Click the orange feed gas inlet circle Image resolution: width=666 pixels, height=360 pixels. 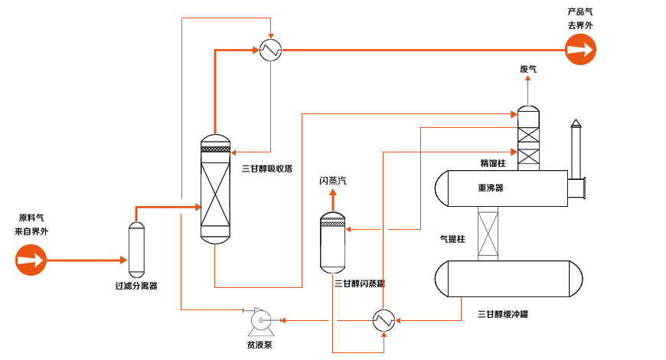31,260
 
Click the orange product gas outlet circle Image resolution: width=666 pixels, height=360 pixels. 580,50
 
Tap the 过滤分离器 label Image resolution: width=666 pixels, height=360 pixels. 136,286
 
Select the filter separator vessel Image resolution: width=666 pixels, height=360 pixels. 136,250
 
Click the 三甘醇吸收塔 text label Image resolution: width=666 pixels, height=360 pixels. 267,169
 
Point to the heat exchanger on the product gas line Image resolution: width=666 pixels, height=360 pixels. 270,50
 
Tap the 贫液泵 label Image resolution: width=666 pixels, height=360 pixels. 260,345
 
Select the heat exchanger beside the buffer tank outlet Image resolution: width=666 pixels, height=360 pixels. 384,320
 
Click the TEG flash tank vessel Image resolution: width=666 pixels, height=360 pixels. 332,243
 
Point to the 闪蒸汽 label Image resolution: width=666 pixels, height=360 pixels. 333,181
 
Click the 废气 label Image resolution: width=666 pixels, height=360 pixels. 528,69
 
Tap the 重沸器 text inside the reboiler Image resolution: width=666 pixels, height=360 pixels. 491,188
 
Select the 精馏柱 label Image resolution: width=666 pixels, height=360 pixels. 493,163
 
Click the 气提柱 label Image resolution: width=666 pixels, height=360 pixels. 452,239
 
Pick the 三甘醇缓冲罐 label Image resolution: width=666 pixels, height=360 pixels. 503,314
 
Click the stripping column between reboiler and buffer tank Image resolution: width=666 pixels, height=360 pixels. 488,234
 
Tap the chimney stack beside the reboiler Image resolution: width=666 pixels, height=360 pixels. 576,149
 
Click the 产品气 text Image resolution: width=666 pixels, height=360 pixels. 580,12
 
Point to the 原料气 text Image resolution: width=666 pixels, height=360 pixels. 31,218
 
